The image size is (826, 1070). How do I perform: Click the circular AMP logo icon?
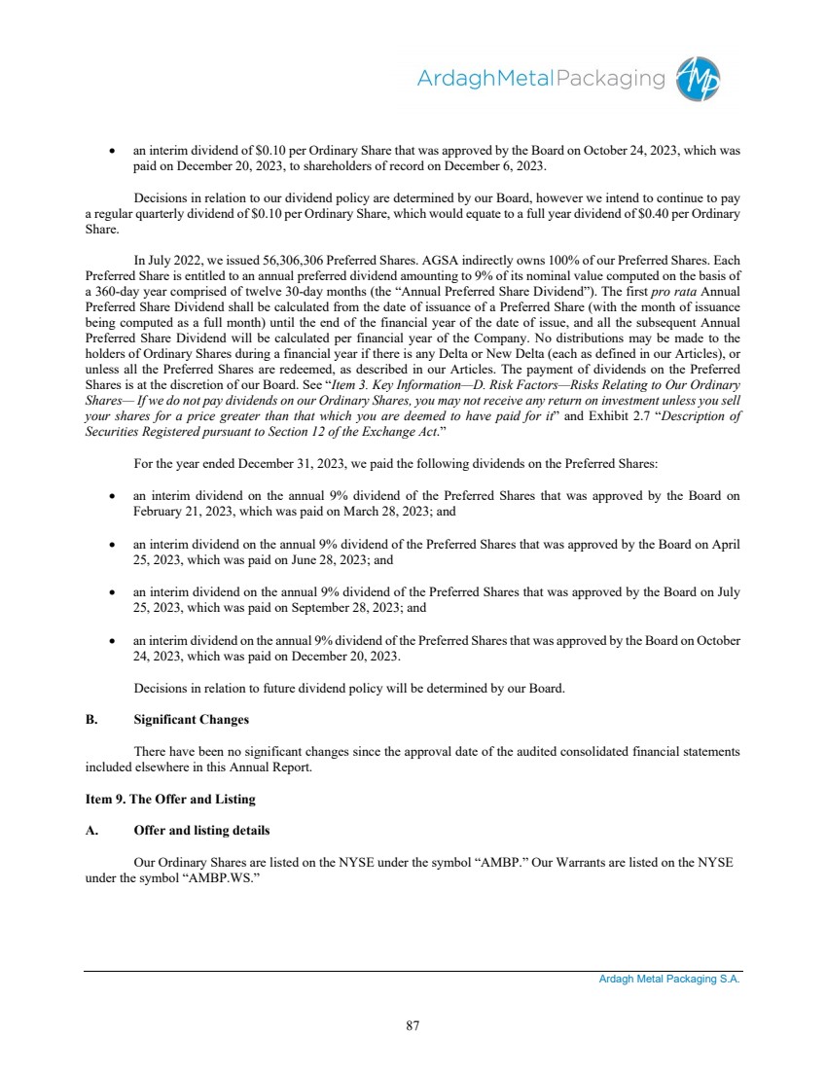click(x=699, y=79)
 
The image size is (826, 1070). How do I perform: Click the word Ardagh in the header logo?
click(x=451, y=79)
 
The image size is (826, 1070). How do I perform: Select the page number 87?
click(x=413, y=1023)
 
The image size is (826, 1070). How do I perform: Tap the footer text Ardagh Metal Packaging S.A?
click(x=669, y=980)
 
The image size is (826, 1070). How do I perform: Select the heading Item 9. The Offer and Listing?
click(x=169, y=799)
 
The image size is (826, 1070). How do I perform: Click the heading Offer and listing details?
click(x=201, y=831)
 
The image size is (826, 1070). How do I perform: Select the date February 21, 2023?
click(x=181, y=511)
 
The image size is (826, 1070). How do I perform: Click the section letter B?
click(x=90, y=720)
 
